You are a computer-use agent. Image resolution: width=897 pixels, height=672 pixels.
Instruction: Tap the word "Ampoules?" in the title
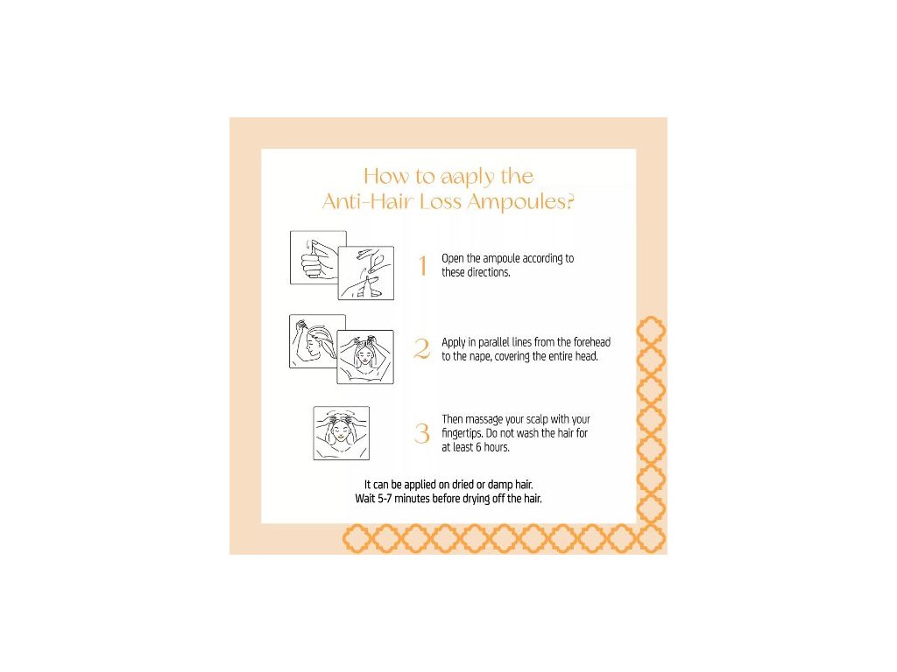pos(520,202)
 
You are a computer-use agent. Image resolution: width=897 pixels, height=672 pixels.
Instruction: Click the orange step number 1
pos(423,266)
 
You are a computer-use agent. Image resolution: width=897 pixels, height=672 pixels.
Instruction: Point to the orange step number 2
pos(422,348)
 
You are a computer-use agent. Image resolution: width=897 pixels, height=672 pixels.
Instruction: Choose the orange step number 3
pos(422,433)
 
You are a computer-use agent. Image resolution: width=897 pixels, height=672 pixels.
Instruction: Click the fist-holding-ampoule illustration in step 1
pos(318,257)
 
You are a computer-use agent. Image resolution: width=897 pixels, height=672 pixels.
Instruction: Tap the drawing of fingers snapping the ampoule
pos(366,273)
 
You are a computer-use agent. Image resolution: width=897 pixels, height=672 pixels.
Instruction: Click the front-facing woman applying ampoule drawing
pos(365,357)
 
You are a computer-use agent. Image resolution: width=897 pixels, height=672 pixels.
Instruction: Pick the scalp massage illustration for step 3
pos(342,433)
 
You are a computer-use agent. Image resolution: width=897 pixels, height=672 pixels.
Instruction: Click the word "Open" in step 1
pos(453,259)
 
